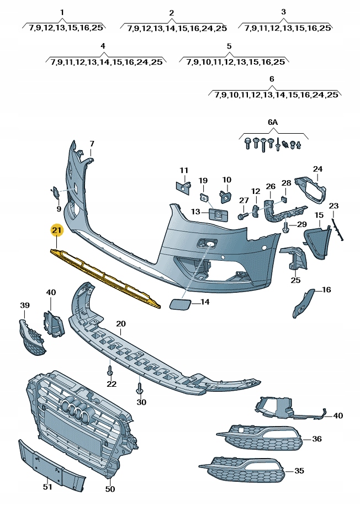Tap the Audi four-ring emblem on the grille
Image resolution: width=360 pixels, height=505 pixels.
coord(74,408)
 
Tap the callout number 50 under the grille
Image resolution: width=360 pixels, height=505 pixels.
coord(110,489)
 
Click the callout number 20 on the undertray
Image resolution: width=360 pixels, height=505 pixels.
coord(121,324)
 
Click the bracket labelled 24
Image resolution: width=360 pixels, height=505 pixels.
coord(311,189)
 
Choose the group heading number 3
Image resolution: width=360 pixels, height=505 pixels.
coord(283,12)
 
